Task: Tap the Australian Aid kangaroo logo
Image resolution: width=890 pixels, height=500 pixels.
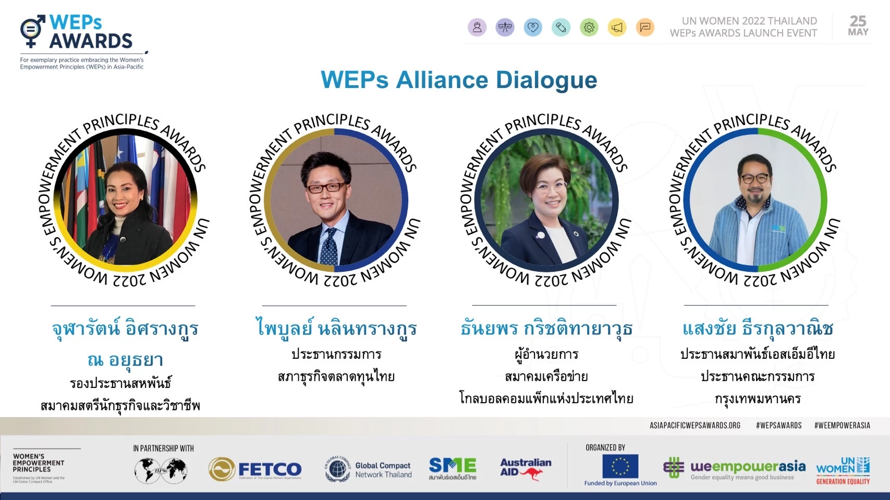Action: click(x=526, y=468)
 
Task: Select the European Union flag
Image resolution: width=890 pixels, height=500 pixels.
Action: click(x=620, y=466)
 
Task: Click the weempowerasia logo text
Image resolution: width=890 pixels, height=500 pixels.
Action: click(x=747, y=467)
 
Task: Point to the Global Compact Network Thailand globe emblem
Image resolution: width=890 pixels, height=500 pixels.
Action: click(x=337, y=469)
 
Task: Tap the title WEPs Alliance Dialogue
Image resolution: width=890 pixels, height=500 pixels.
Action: click(x=459, y=80)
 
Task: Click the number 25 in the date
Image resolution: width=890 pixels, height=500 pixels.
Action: click(x=858, y=21)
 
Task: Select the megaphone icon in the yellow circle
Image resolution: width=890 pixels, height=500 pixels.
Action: click(x=617, y=28)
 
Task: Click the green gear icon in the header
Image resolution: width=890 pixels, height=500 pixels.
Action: click(x=589, y=28)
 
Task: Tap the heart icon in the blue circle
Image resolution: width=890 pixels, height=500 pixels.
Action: click(x=533, y=28)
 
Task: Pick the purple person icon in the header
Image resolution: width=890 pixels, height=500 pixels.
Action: click(x=477, y=28)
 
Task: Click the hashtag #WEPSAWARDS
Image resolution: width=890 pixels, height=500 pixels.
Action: click(x=778, y=426)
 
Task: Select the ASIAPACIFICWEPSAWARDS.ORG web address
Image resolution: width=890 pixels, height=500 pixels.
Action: click(x=694, y=426)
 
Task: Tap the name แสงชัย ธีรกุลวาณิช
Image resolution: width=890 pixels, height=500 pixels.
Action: click(x=758, y=329)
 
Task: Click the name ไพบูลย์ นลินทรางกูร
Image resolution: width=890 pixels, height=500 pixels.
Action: click(x=336, y=329)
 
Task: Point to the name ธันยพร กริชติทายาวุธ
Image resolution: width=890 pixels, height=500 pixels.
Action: click(x=546, y=329)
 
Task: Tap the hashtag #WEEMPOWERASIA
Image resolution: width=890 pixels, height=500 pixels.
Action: click(x=842, y=426)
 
